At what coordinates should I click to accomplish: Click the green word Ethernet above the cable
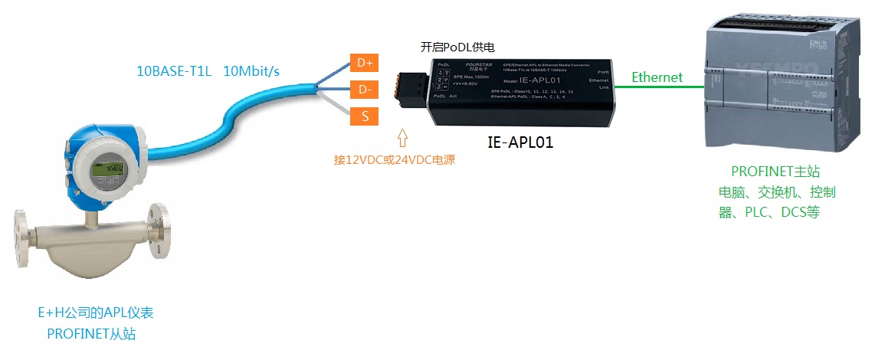point(657,77)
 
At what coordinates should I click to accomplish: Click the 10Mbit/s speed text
point(251,71)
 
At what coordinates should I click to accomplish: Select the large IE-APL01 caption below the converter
point(520,142)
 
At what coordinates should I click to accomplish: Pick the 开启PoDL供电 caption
point(462,47)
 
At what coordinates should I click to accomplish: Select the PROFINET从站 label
point(90,333)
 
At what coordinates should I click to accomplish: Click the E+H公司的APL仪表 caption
point(90,313)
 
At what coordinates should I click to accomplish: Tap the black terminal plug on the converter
point(410,86)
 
